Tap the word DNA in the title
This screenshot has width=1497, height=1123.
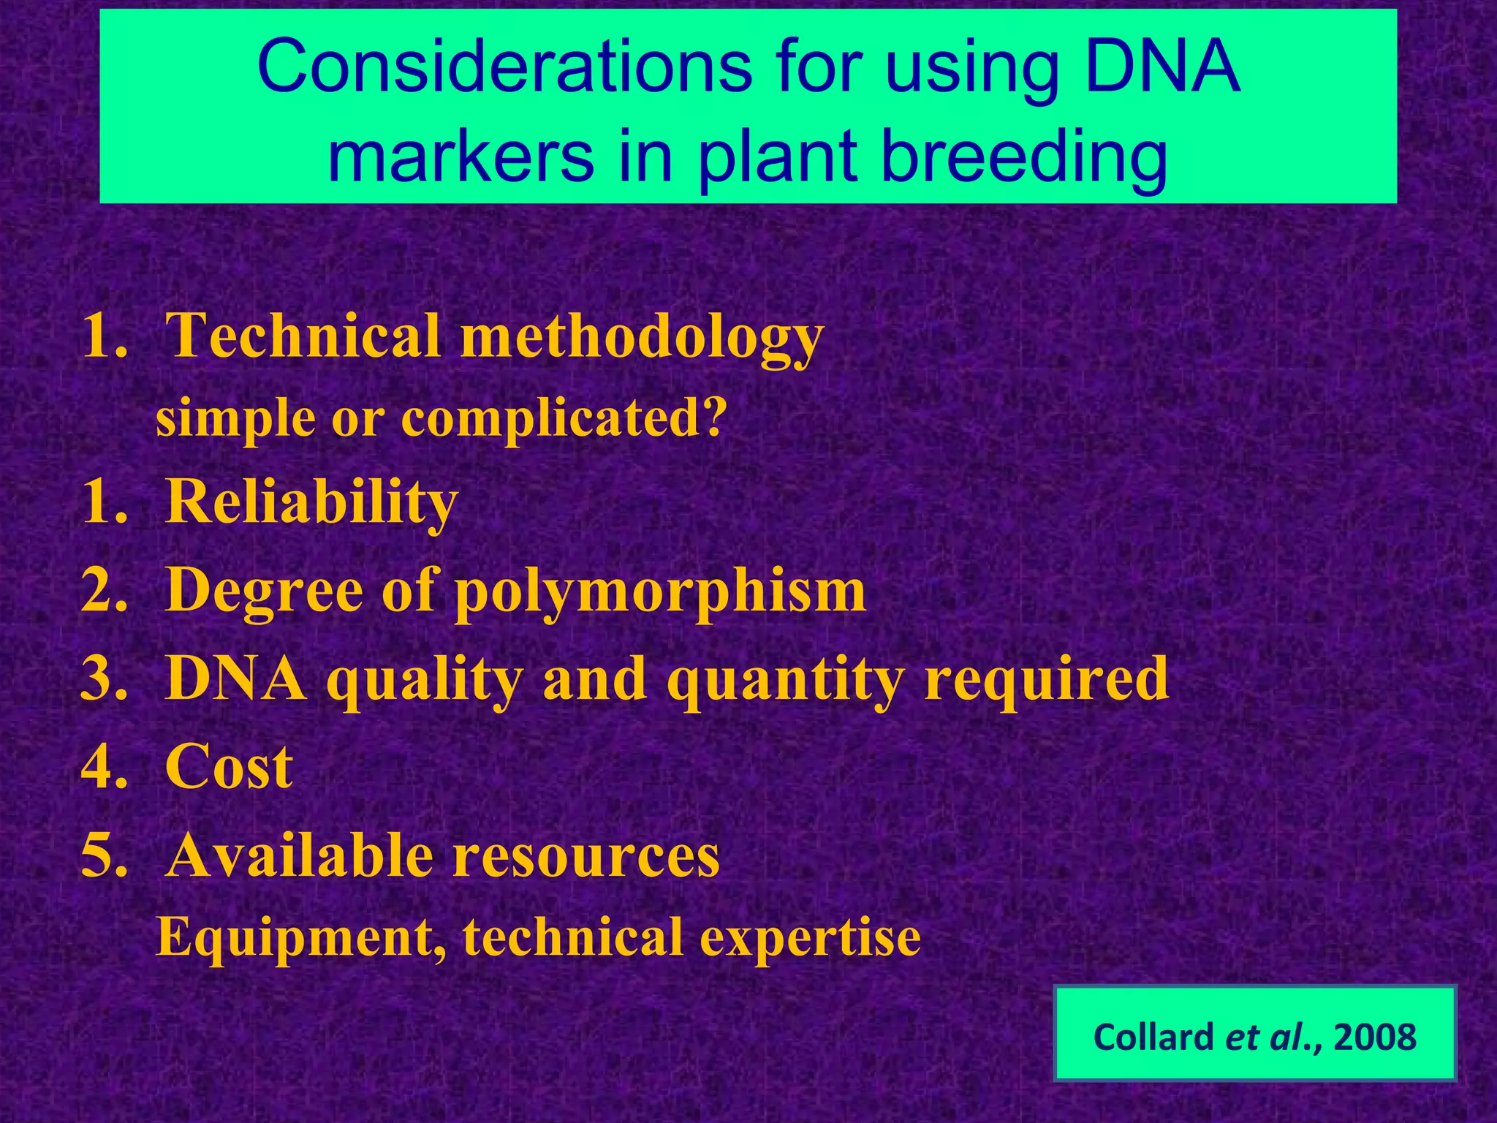1162,67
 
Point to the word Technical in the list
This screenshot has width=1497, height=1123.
303,336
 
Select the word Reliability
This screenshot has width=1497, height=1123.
312,502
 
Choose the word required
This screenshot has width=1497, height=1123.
1046,679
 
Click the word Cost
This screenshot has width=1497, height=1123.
229,767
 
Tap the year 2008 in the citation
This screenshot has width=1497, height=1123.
1375,1037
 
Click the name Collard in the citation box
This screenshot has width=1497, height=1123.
1153,1037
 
